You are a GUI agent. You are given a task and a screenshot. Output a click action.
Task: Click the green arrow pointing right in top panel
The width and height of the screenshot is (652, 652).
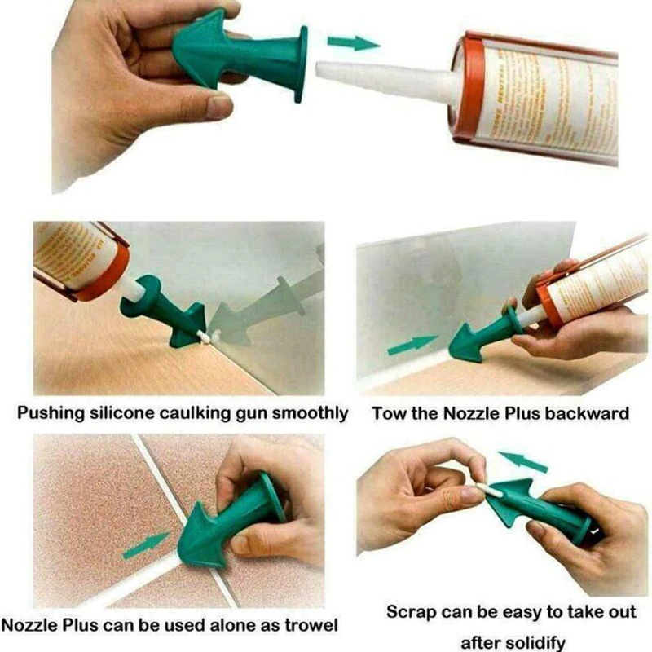(x=352, y=42)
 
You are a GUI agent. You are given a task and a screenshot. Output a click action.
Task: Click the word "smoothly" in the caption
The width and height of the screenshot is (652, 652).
(x=311, y=413)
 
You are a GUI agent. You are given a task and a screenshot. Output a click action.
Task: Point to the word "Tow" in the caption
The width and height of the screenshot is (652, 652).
(x=389, y=413)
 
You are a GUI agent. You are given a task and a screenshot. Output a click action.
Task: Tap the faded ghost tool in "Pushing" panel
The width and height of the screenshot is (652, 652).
(x=261, y=310)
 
